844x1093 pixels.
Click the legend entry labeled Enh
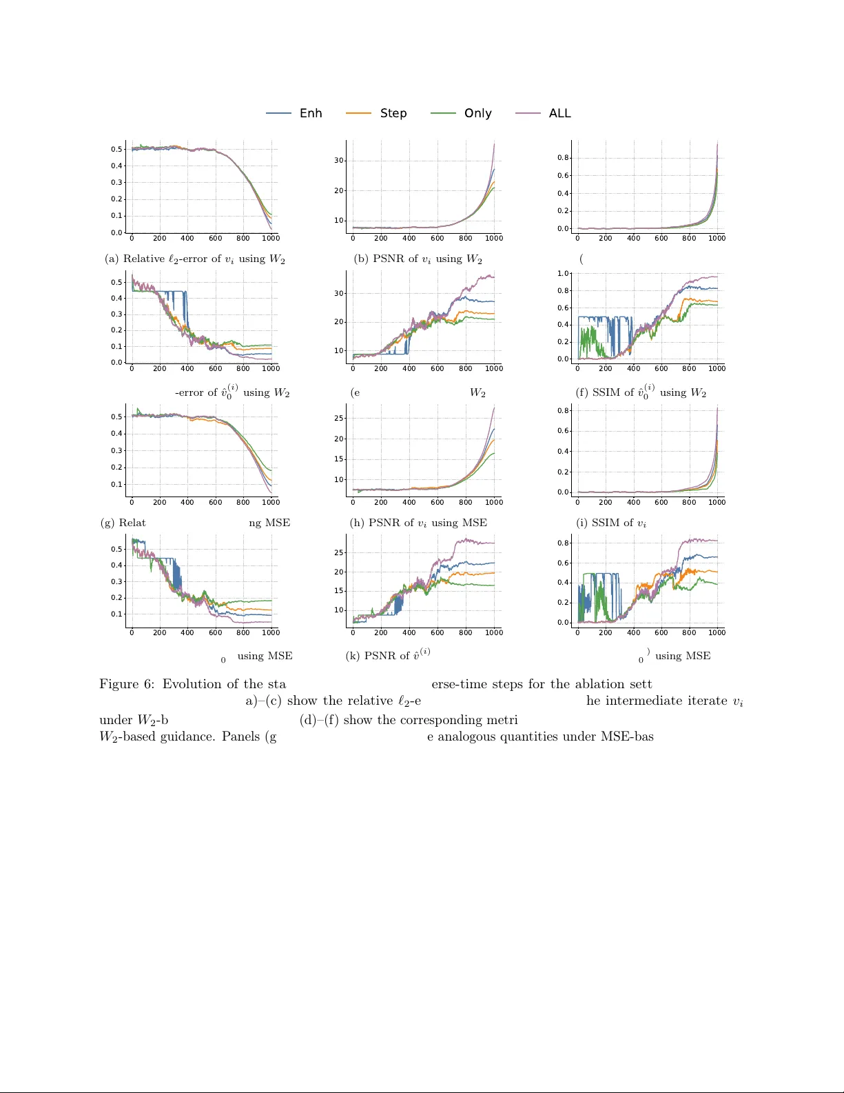click(x=311, y=113)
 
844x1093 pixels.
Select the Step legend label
click(x=393, y=113)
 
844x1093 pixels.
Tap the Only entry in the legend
click(x=477, y=113)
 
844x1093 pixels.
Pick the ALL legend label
click(x=559, y=113)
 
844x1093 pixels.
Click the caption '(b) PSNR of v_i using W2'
click(x=418, y=259)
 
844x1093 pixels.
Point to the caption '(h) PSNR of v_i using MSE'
click(x=418, y=523)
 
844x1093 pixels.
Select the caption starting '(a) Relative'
click(x=194, y=259)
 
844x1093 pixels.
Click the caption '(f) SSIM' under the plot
click(x=641, y=392)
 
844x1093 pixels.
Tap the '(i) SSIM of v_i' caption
click(x=611, y=523)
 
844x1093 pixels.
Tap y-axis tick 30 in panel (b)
click(x=339, y=160)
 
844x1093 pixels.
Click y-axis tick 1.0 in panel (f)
click(x=563, y=274)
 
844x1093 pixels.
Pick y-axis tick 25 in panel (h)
click(x=339, y=418)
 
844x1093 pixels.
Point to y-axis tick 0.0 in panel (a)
click(x=116, y=233)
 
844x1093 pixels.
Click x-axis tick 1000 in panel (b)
click(x=494, y=238)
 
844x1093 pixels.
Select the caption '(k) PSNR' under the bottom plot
click(x=388, y=655)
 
